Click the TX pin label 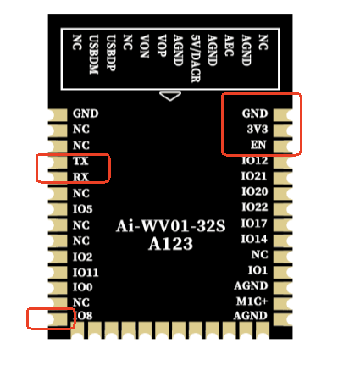[x=80, y=161]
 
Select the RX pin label [x=80, y=177]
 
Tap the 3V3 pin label [x=258, y=129]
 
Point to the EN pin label [x=258, y=145]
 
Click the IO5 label [x=83, y=209]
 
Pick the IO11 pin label [x=86, y=273]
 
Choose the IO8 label [x=84, y=316]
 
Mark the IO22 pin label [x=255, y=207]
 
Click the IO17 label [x=254, y=224]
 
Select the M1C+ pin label [x=252, y=301]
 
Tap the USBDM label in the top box [x=94, y=54]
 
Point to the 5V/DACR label [x=196, y=58]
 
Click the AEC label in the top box [x=229, y=45]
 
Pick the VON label [x=145, y=47]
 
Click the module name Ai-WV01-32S [x=171, y=226]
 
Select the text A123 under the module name [x=171, y=244]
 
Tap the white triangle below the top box [x=170, y=96]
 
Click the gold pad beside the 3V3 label [x=283, y=130]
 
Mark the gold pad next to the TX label [x=58, y=162]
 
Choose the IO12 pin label [x=255, y=160]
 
